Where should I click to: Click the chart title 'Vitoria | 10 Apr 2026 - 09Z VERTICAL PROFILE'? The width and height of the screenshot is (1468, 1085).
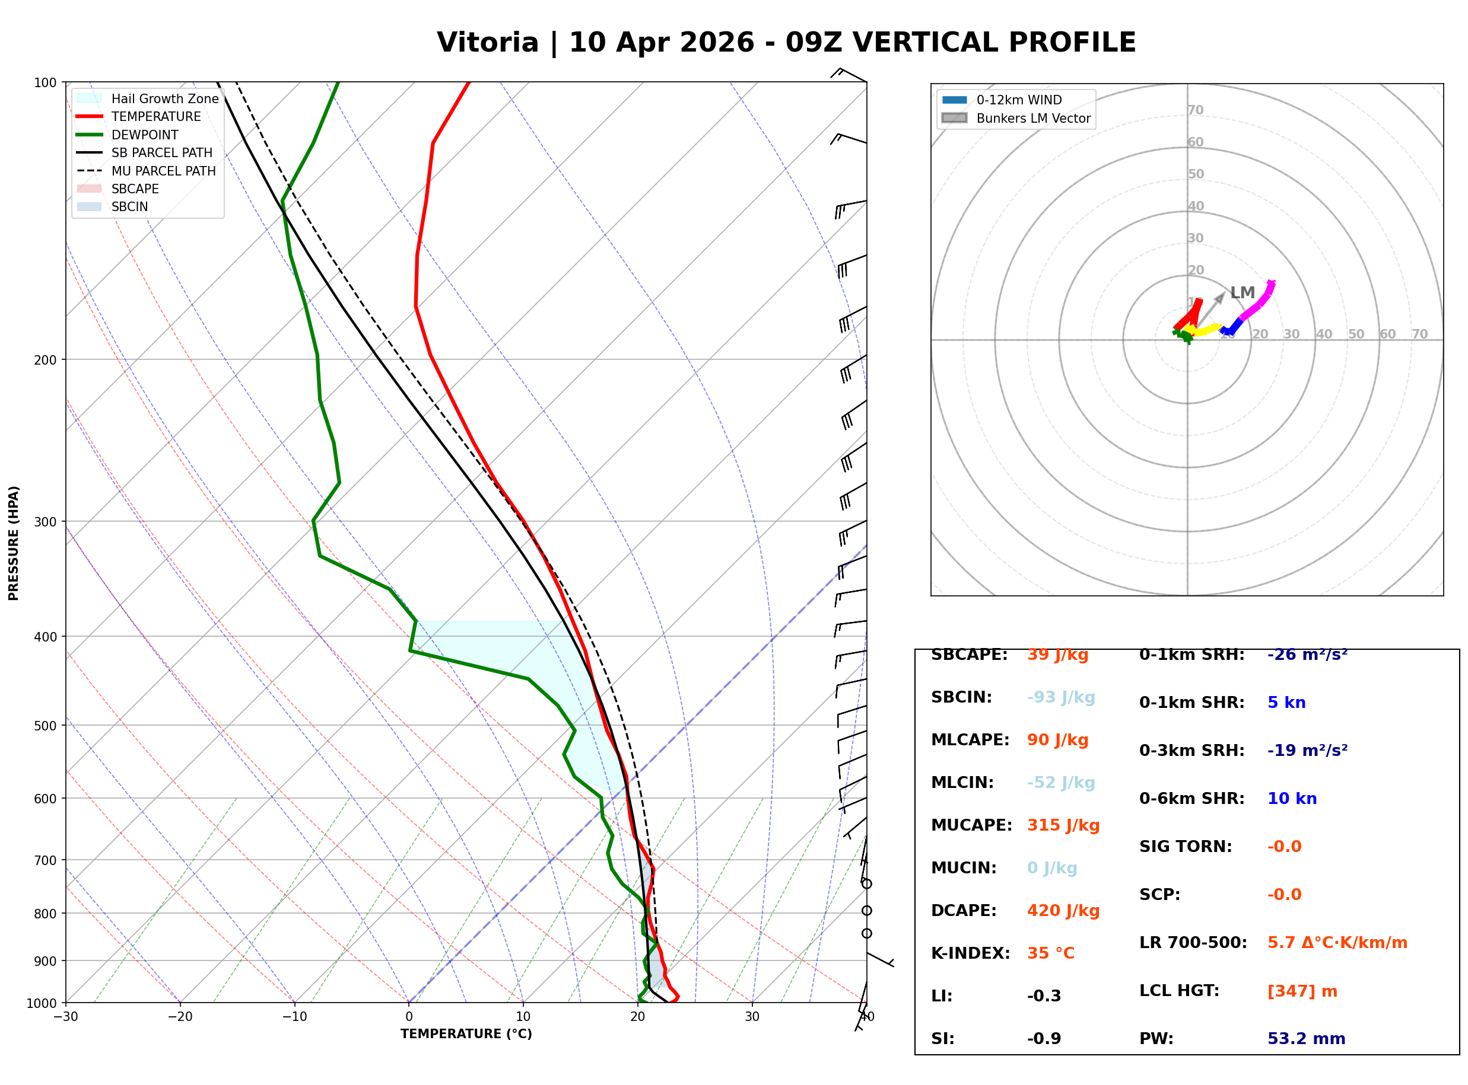(786, 43)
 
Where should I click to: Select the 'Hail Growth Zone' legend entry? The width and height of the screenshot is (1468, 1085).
(164, 98)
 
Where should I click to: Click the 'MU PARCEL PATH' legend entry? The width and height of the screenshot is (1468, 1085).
(163, 171)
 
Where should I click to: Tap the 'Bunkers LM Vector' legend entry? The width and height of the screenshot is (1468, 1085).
(1032, 118)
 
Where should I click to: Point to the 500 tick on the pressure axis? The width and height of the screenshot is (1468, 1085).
(45, 726)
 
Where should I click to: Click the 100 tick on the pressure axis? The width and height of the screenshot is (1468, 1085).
(45, 83)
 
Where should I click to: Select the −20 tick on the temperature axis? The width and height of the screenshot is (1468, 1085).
(179, 1017)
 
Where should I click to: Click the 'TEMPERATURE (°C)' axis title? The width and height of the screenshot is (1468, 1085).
(466, 1035)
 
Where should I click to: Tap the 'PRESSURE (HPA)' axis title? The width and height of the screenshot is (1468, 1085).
(14, 543)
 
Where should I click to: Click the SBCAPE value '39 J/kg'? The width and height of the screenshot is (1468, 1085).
(1057, 655)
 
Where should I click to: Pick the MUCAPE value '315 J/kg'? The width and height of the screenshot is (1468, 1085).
(1063, 825)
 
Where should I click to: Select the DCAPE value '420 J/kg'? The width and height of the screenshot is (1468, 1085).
(1063, 911)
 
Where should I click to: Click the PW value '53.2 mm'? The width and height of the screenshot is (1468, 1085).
(1305, 1039)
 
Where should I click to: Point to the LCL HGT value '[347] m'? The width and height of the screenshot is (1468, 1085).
(1302, 991)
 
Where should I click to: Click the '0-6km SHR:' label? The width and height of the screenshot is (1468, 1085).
(1191, 799)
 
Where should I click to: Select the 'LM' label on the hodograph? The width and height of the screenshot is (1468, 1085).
(1242, 293)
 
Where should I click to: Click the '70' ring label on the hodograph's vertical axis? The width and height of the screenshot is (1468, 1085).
(1195, 110)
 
